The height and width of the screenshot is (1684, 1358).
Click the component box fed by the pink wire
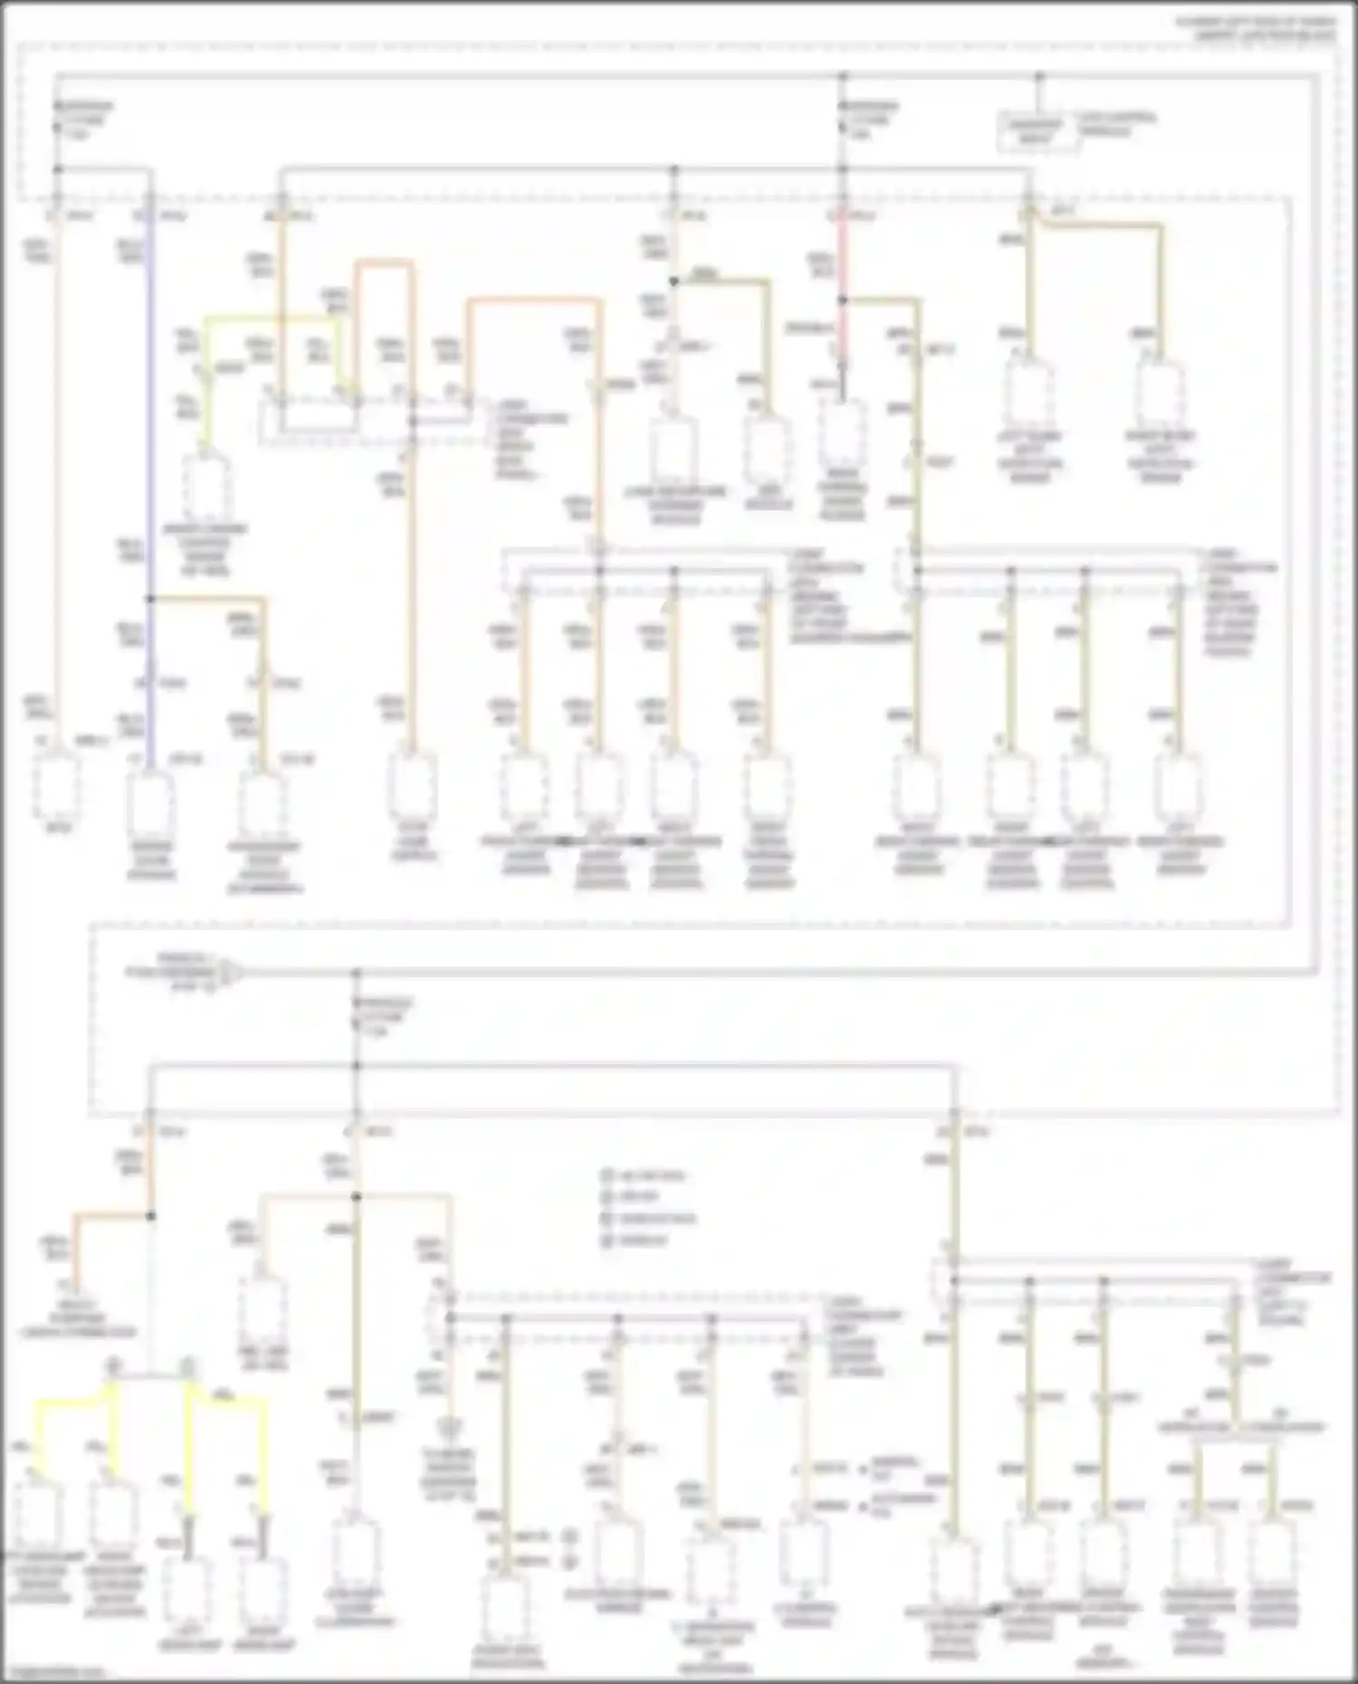(842, 434)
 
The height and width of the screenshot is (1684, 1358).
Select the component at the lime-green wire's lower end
(207, 489)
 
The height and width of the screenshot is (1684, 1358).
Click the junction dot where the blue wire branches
(150, 598)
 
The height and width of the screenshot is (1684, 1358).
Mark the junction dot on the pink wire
(842, 300)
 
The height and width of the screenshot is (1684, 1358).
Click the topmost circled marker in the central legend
(607, 1175)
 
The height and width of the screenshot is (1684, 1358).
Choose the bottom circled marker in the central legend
(607, 1241)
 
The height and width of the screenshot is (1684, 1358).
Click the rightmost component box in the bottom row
(1273, 1556)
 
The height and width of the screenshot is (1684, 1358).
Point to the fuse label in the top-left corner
(83, 119)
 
